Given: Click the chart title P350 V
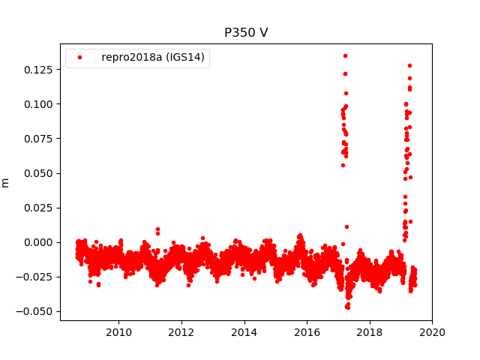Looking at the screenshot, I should (x=246, y=33).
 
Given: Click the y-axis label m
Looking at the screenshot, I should (x=6, y=182).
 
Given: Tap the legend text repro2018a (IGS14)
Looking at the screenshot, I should (x=153, y=58).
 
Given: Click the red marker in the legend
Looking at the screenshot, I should (x=80, y=58).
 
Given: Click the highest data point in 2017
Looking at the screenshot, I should (x=345, y=55).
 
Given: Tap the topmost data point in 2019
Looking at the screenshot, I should (x=409, y=65).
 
